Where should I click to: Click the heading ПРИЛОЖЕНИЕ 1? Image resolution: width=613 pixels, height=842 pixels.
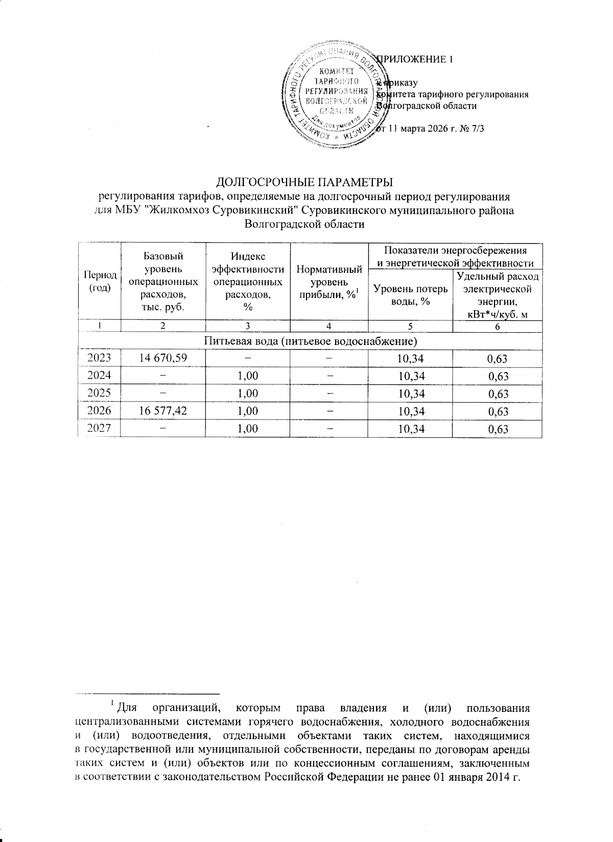(414, 59)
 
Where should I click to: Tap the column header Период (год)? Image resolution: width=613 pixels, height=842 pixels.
(100, 281)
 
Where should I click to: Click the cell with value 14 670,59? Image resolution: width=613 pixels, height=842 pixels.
(162, 358)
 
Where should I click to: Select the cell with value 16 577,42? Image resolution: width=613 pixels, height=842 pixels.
(162, 411)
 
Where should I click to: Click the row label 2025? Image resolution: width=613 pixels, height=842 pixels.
(100, 393)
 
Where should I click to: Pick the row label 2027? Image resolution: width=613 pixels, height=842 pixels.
(100, 429)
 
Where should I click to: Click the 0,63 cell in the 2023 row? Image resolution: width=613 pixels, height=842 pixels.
(497, 358)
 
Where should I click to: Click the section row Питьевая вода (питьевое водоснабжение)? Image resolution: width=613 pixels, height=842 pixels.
(310, 341)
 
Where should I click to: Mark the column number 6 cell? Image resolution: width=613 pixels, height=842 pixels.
(497, 327)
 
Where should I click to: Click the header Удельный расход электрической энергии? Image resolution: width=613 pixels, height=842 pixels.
(497, 295)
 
